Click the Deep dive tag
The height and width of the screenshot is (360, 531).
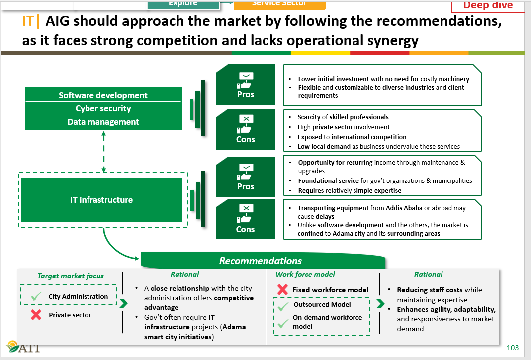(488, 6)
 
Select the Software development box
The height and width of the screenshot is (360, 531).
(103, 95)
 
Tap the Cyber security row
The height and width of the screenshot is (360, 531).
(103, 108)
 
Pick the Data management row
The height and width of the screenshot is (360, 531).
(103, 122)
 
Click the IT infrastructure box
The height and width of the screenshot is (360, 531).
(101, 200)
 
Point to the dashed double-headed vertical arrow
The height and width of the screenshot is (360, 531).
(103, 152)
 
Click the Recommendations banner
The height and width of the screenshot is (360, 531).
(261, 261)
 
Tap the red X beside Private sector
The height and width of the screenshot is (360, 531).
(36, 315)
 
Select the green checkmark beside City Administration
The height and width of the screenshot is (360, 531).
(36, 296)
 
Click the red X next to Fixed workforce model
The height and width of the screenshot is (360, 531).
(282, 289)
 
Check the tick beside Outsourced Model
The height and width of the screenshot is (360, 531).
(283, 306)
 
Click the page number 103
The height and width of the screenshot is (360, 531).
(512, 348)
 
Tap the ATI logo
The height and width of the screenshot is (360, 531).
(23, 347)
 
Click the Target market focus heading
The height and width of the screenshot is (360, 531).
(71, 276)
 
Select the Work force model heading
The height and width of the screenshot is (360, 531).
(305, 274)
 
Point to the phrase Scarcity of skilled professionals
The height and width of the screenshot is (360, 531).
(343, 117)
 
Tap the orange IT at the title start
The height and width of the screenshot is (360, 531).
(29, 21)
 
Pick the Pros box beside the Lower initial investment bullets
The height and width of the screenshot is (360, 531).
(245, 85)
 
